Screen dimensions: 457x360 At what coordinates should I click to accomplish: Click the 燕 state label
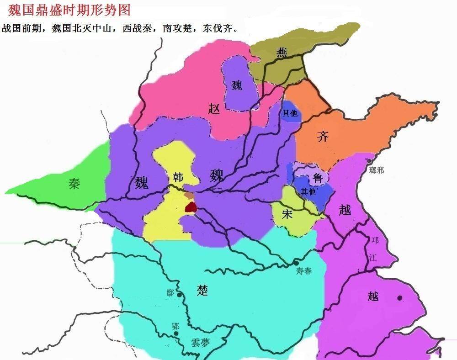click(282, 53)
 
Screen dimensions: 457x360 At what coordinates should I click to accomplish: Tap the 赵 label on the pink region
click(214, 108)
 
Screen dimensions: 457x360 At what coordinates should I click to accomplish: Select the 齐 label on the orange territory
click(323, 136)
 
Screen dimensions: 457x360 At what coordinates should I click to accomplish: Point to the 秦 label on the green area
click(74, 184)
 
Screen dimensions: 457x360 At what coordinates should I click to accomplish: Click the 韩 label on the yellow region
click(178, 177)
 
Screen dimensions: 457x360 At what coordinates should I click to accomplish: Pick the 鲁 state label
click(318, 178)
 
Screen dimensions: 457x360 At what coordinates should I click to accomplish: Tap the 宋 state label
click(287, 214)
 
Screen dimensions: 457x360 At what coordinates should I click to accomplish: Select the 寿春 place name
click(304, 271)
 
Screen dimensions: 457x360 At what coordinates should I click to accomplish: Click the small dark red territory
click(190, 207)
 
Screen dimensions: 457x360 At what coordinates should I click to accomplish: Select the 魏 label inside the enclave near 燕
click(237, 85)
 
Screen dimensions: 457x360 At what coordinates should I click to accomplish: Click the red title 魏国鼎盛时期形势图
click(69, 9)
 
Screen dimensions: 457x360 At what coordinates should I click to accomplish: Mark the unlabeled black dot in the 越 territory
click(400, 298)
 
